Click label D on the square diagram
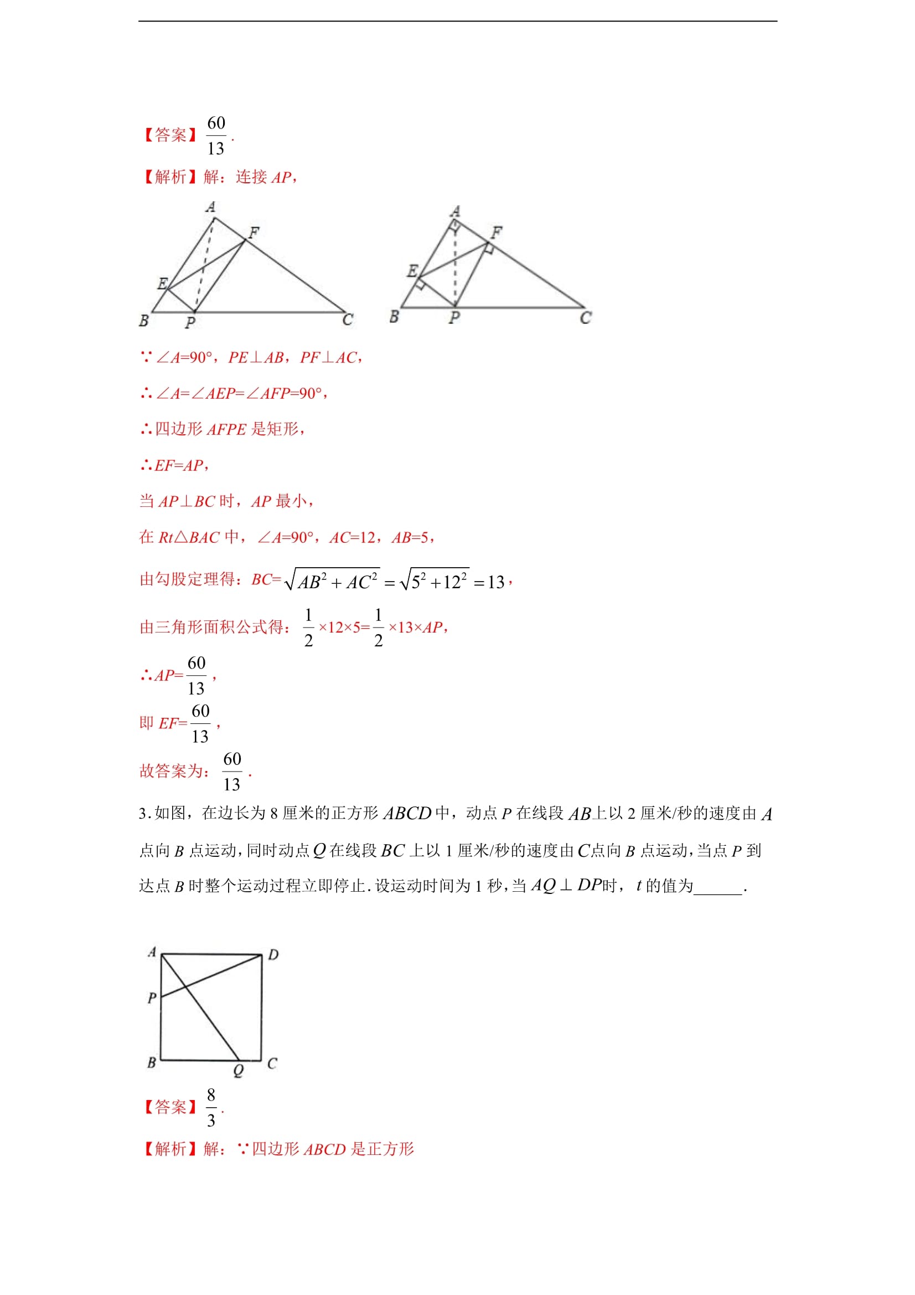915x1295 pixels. pos(273,955)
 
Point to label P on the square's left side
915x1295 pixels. pos(152,998)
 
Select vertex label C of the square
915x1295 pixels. pos(272,1063)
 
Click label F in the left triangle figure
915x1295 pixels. pos(254,233)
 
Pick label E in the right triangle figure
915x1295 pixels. pos(412,271)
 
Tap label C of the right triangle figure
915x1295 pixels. pos(586,318)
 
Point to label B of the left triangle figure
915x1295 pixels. pos(144,321)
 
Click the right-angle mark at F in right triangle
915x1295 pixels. pos(489,249)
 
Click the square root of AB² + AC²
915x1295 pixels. pos(333,580)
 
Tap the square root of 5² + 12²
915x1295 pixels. pos(434,580)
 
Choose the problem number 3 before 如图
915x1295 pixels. pos(143,813)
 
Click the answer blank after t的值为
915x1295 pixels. pos(718,887)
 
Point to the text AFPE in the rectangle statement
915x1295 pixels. pos(226,430)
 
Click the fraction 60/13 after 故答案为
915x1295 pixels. pos(232,772)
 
